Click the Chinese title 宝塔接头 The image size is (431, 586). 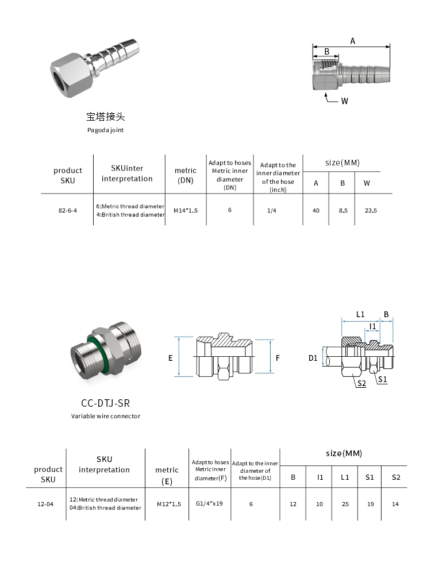[105, 117]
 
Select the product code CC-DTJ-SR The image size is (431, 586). [105, 403]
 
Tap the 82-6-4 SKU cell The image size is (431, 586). [68, 210]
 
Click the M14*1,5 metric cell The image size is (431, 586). [186, 210]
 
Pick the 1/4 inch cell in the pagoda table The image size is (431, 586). [272, 210]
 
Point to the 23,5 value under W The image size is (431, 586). [371, 210]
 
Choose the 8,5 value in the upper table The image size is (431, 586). [343, 210]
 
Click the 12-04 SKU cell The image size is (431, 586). [45, 504]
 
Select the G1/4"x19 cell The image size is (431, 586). [209, 503]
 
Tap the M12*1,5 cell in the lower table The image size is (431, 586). [169, 504]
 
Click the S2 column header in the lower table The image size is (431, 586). [396, 477]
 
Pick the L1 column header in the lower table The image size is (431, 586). [345, 477]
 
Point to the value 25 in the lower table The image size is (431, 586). [345, 504]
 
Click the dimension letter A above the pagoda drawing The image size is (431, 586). [352, 41]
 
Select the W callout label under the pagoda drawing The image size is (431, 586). [345, 101]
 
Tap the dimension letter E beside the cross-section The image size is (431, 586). [171, 358]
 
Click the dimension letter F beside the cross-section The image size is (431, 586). [278, 358]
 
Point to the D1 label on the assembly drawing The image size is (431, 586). [313, 358]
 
